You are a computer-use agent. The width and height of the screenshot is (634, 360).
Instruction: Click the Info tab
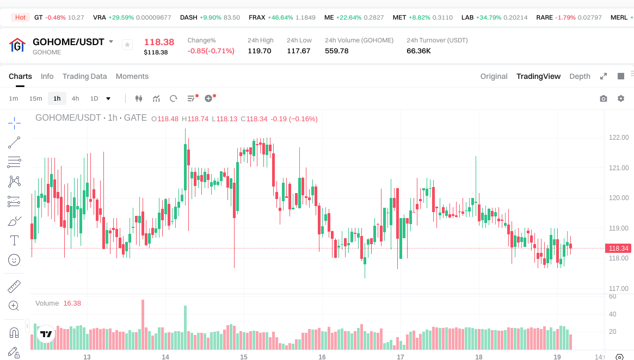point(47,76)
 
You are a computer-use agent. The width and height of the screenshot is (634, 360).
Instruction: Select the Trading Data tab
point(84,76)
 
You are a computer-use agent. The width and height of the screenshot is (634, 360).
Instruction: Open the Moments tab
point(132,76)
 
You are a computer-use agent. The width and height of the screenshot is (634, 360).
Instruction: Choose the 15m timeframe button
point(35,98)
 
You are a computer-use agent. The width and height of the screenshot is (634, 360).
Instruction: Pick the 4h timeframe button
point(75,98)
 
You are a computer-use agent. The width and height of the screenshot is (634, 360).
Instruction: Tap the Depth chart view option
point(580,76)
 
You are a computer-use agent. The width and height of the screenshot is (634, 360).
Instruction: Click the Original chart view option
point(494,76)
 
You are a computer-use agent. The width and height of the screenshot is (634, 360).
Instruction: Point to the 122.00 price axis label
point(619,138)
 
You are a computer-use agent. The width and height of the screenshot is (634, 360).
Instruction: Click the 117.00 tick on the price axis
point(619,289)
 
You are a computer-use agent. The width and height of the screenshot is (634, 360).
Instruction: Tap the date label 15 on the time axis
point(244,357)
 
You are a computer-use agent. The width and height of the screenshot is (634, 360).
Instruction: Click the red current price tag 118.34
point(619,249)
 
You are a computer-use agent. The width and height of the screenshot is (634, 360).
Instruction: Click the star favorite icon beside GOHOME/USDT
point(127,45)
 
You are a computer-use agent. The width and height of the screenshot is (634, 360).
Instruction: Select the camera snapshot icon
point(604,98)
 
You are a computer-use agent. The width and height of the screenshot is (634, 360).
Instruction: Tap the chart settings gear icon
point(621,98)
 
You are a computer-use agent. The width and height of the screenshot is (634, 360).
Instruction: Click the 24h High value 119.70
point(259,51)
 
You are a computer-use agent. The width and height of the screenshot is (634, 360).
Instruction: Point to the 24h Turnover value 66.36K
point(418,51)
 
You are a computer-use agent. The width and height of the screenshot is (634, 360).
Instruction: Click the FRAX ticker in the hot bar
point(257,17)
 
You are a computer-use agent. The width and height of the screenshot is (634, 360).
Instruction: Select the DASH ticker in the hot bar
point(189,17)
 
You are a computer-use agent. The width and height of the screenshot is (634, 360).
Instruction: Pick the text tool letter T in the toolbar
point(14,240)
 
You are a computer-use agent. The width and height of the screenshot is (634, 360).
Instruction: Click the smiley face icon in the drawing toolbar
point(14,260)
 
